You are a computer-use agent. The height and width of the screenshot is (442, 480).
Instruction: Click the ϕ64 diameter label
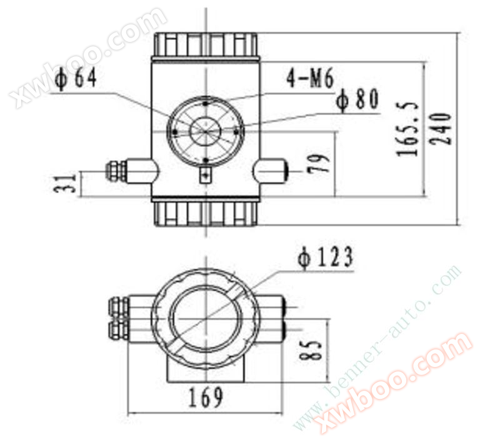[x=76, y=79]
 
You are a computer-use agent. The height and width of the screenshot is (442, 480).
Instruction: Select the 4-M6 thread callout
[x=309, y=78]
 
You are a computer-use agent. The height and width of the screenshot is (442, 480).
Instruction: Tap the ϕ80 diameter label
[x=357, y=99]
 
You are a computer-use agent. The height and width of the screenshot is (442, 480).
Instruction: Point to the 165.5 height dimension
[x=407, y=128]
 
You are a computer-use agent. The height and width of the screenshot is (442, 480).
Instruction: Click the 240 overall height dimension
[x=440, y=128]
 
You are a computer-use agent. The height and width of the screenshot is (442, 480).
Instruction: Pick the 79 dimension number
[x=319, y=163]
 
